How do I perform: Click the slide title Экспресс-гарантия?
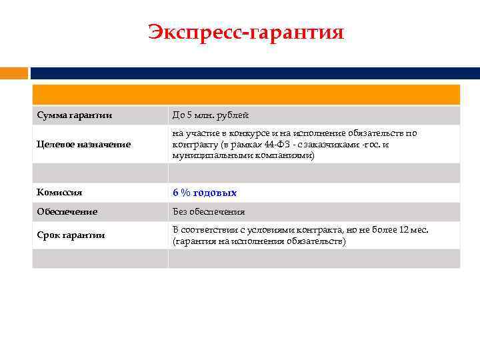(246, 32)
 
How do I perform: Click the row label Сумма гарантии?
(74, 116)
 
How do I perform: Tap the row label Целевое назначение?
(84, 144)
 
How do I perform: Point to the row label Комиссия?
(60, 193)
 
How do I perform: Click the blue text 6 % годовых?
(205, 193)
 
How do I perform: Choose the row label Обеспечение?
(67, 211)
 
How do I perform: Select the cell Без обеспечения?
(209, 211)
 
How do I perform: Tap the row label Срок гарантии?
(71, 235)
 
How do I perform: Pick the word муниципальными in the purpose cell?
(207, 155)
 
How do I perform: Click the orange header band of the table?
(246, 95)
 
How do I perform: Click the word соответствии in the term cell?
(213, 229)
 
